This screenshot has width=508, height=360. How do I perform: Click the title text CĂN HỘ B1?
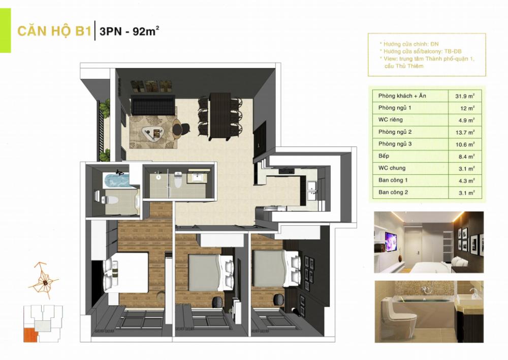coord(54,31)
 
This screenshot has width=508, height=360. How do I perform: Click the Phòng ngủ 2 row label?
coord(395,132)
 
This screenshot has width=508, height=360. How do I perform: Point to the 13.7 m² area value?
coord(462,132)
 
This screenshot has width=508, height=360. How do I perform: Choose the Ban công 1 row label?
coord(393,181)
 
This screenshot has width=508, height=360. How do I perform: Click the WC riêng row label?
coord(390,120)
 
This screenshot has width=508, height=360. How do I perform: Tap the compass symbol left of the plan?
coord(44,280)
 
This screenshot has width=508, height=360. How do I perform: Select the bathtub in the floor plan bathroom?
coord(116,178)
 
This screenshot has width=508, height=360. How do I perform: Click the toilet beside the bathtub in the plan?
coord(110,197)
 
